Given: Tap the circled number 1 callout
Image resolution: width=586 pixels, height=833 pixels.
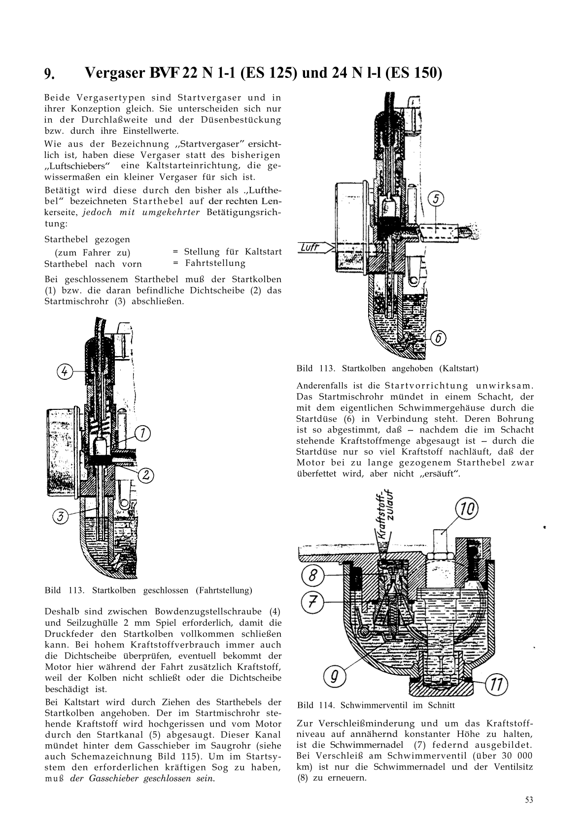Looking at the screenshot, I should [x=142, y=434].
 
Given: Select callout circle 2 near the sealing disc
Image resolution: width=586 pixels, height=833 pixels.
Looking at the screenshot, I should [x=145, y=475].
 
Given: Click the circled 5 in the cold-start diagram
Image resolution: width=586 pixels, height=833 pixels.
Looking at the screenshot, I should [x=437, y=199].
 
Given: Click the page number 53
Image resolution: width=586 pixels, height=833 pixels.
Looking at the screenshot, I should [x=529, y=800].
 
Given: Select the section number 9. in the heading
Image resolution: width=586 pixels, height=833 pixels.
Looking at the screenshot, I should [x=50, y=74].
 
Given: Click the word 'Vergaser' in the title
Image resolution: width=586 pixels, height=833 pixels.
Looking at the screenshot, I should [x=113, y=73].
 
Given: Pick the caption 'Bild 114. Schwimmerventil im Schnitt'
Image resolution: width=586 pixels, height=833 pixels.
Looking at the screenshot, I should [x=376, y=705].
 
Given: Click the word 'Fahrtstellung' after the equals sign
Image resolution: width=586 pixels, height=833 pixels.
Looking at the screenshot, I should [x=215, y=263].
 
